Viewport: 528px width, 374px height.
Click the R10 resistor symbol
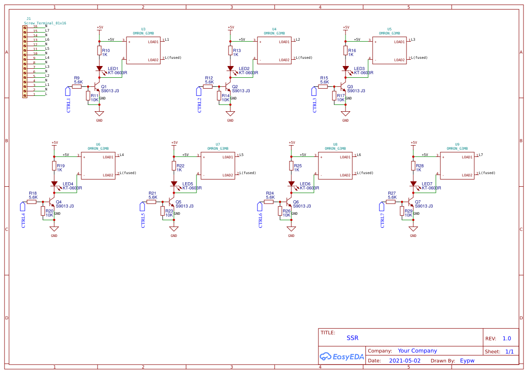pyautogui.click(x=99, y=51)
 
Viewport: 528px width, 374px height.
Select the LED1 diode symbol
pyautogui.click(x=99, y=69)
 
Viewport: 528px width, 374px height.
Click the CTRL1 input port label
pyautogui.click(x=69, y=105)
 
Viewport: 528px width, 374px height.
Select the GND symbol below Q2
pyautogui.click(x=230, y=114)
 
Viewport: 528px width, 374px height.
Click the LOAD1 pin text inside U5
pyautogui.click(x=399, y=42)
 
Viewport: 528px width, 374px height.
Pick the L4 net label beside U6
pyautogui.click(x=121, y=155)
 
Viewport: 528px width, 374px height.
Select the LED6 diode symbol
pyautogui.click(x=291, y=184)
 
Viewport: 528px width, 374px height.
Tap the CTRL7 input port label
pyautogui.click(x=383, y=220)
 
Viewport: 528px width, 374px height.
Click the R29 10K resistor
pyautogui.click(x=402, y=211)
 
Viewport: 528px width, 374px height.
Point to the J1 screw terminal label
pyautogui.click(x=28, y=19)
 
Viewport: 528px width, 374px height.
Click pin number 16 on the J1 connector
pyautogui.click(x=35, y=27)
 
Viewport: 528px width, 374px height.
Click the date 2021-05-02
pyautogui.click(x=405, y=361)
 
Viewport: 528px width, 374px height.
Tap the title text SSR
pyautogui.click(x=352, y=338)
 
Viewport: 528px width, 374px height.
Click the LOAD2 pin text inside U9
pyautogui.click(x=467, y=175)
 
